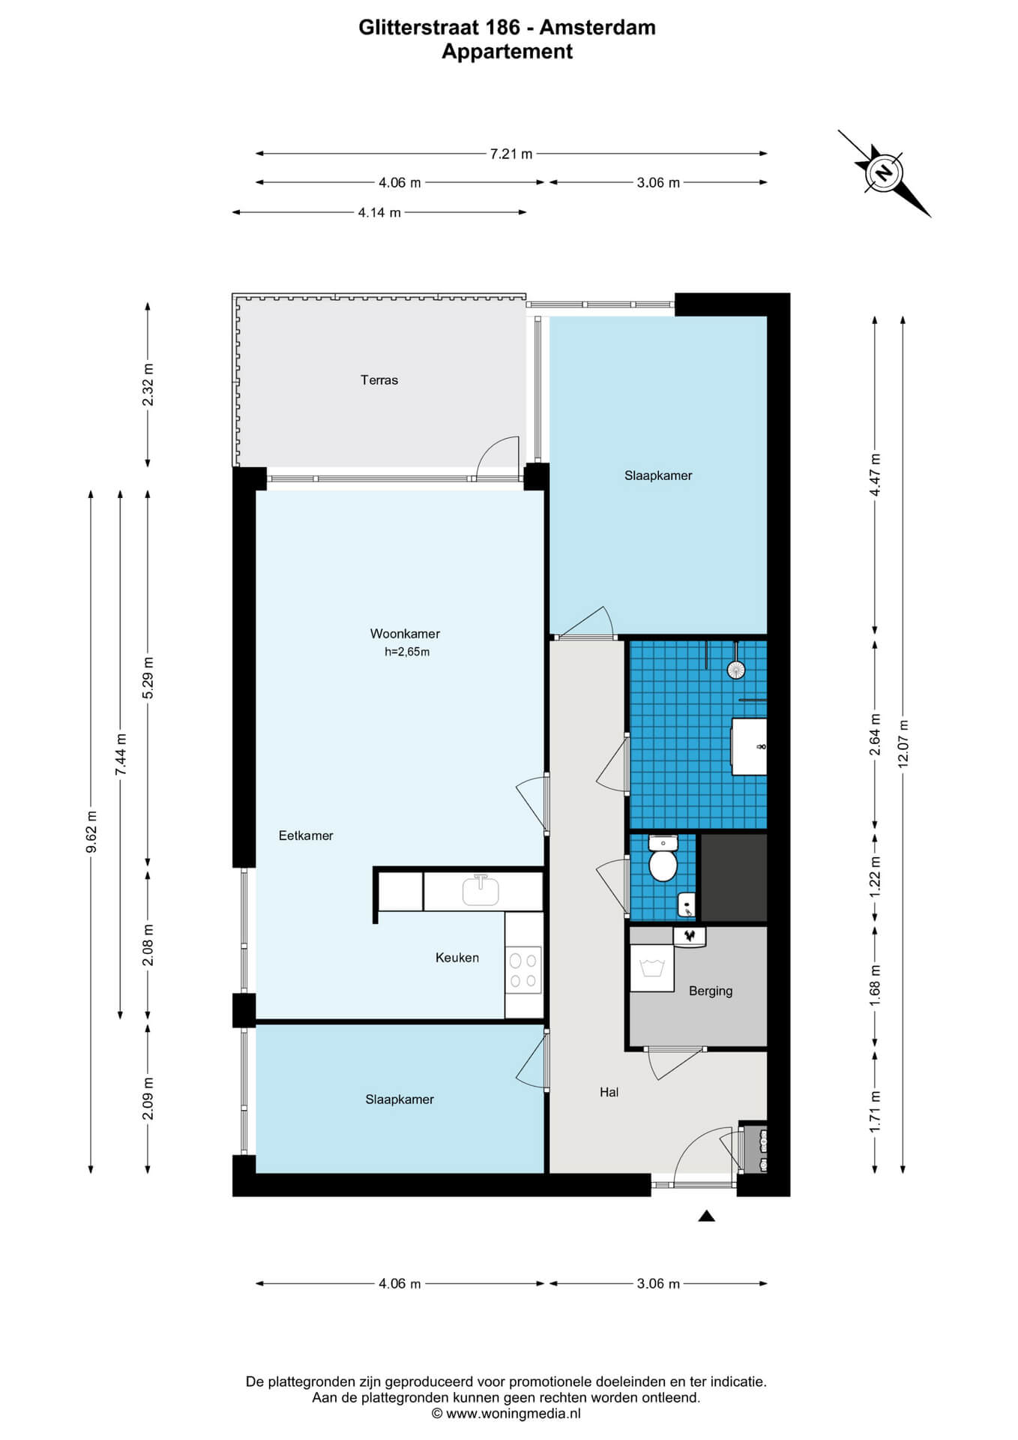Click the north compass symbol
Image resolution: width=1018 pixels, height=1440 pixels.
point(885,173)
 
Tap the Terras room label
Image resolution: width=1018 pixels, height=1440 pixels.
point(379,380)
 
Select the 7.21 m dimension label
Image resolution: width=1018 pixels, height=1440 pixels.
point(511,154)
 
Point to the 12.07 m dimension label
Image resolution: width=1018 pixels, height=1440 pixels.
point(903,743)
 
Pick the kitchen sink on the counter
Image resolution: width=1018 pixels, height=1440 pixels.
point(481,890)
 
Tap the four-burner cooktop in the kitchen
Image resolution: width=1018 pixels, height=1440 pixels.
point(523,970)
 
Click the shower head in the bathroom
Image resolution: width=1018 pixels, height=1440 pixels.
point(736,669)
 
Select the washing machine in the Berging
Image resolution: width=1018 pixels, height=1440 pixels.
point(652,967)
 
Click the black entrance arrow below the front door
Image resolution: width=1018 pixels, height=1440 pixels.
point(706,1216)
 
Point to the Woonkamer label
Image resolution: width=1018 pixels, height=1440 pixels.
point(405,634)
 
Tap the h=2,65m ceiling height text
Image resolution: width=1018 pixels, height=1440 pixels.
point(407,652)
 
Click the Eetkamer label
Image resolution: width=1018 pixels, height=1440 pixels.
point(306,835)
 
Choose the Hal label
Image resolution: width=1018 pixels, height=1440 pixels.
point(609,1093)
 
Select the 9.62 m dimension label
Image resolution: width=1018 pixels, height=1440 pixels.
point(91,832)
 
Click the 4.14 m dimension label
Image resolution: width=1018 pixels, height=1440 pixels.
point(379,213)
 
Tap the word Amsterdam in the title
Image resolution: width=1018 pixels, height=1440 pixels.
point(597,28)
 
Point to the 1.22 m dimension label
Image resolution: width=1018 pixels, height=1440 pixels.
point(875,877)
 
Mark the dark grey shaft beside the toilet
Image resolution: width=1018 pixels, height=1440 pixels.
point(733,877)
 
